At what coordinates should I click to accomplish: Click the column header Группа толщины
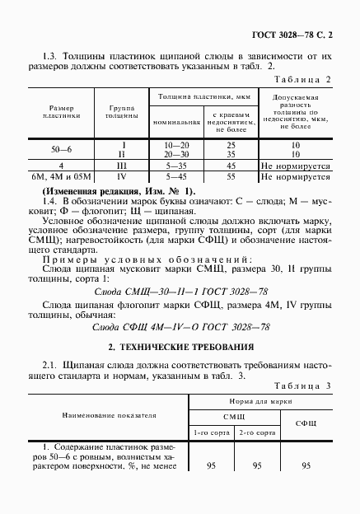[x=121, y=112]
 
